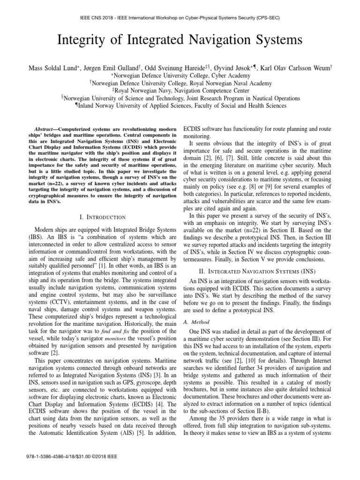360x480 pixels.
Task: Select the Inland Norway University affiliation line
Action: coord(180,106)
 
